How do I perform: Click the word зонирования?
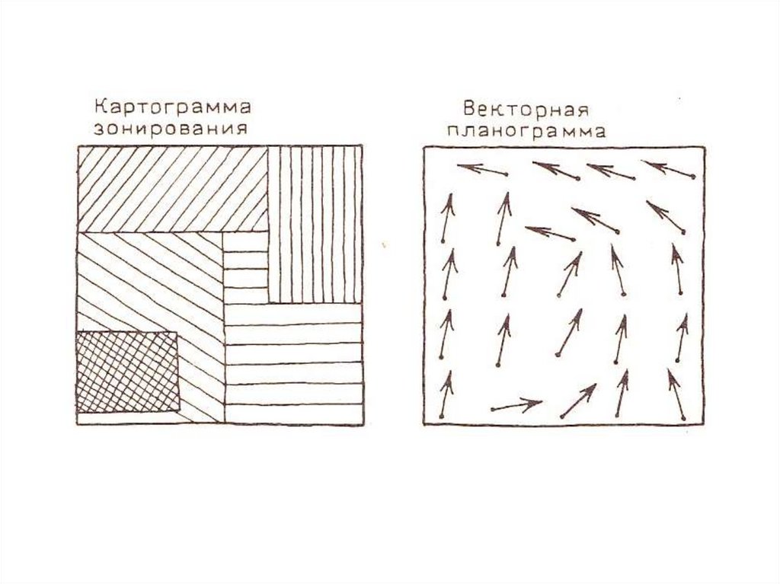click(x=171, y=129)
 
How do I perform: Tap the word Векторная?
click(x=526, y=109)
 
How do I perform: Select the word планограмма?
click(x=526, y=131)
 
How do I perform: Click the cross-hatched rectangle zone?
click(x=127, y=372)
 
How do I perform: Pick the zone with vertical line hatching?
click(x=315, y=225)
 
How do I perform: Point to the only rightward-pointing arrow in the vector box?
click(x=517, y=405)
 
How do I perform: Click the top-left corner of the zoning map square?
click(x=78, y=146)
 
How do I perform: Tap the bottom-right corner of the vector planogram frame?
click(x=704, y=424)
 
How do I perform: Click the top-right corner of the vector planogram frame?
click(x=704, y=147)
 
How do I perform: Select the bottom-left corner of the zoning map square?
click(x=78, y=424)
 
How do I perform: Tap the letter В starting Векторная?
click(x=469, y=108)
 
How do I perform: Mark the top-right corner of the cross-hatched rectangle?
click(x=177, y=332)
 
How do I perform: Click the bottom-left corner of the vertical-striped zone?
click(x=269, y=302)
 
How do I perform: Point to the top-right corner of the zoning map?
click(x=362, y=146)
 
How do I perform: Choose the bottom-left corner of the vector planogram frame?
click(x=424, y=424)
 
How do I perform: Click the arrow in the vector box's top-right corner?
click(x=668, y=169)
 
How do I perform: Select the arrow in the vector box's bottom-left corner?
click(x=446, y=394)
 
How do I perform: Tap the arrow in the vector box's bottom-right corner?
click(x=676, y=394)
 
